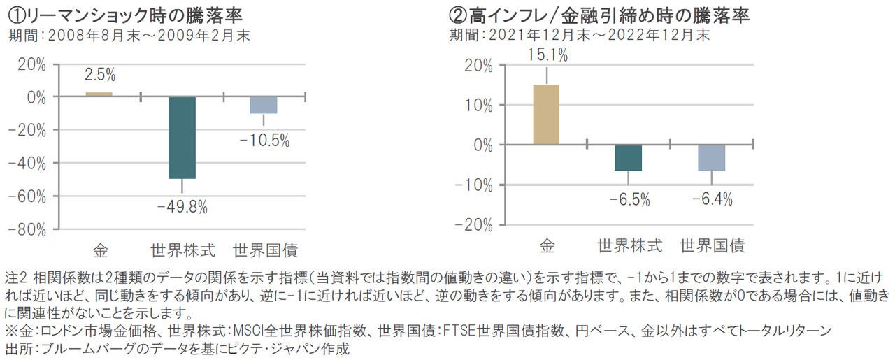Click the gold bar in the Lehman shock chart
(x=99, y=94)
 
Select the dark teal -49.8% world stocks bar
(x=181, y=138)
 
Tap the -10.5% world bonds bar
(x=264, y=105)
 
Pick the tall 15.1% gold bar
(x=546, y=115)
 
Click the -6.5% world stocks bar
(x=629, y=158)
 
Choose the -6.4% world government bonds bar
(x=712, y=158)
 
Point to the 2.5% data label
(x=99, y=75)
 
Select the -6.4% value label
(x=712, y=199)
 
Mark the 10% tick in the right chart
(x=478, y=105)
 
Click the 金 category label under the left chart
(x=100, y=250)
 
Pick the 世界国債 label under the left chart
(x=265, y=250)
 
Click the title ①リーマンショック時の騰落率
(x=129, y=14)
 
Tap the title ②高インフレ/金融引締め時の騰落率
(x=597, y=14)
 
